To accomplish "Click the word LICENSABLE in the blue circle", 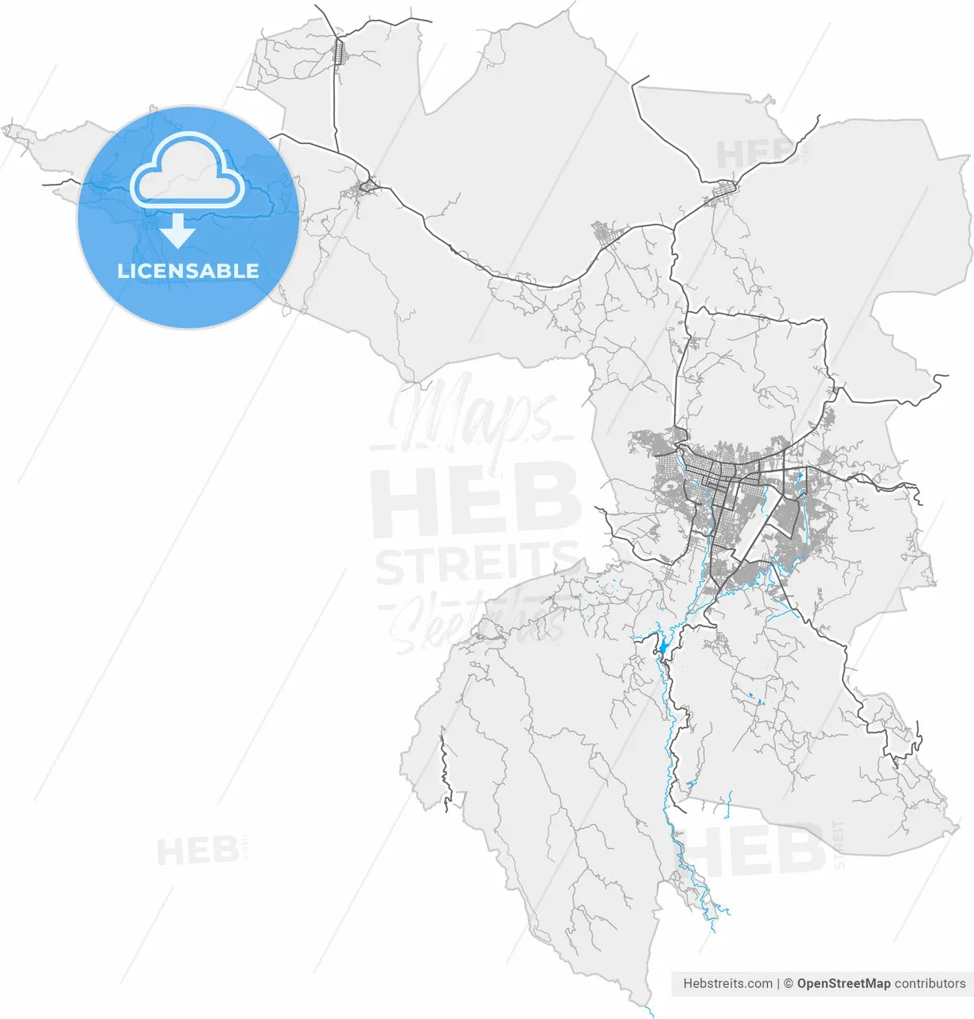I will (x=188, y=271).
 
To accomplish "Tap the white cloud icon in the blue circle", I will (x=188, y=171).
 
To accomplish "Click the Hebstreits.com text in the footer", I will (x=727, y=983).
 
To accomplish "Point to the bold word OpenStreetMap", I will (x=843, y=983).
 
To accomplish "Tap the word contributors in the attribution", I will (x=929, y=983).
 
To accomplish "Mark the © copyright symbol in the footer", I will (x=788, y=983).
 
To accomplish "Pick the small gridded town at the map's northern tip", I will (x=339, y=53).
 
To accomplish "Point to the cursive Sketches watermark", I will (x=476, y=621).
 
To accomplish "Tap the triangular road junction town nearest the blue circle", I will (x=368, y=187).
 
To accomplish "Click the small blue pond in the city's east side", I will (x=800, y=476).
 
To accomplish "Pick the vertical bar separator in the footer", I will (x=778, y=983).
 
